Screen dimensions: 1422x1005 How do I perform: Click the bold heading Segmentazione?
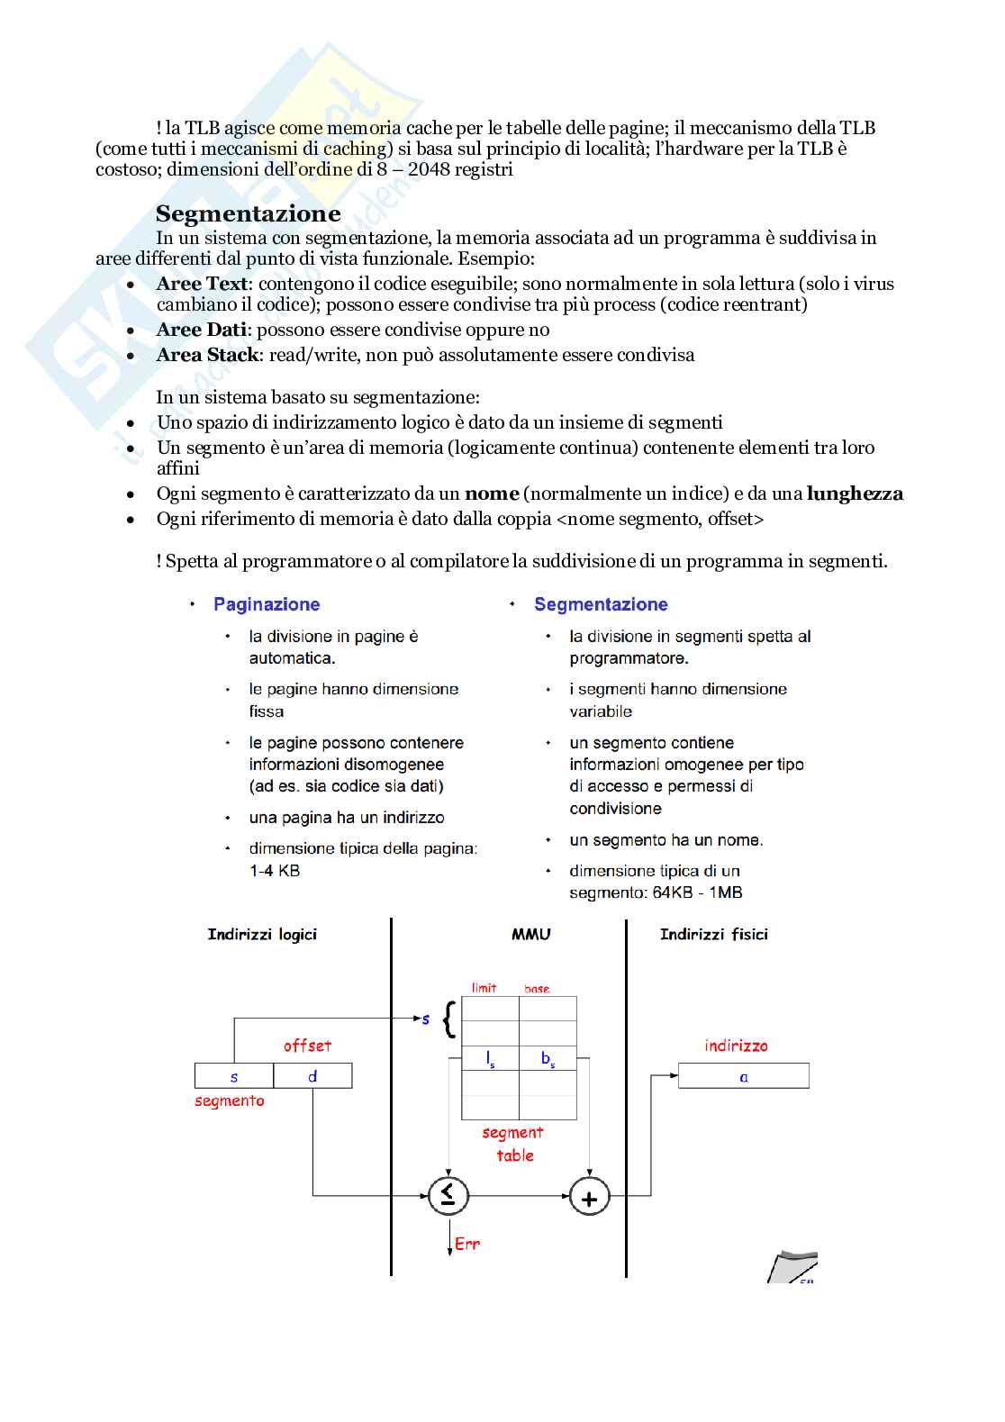point(248,213)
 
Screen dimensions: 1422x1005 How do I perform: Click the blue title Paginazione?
point(267,604)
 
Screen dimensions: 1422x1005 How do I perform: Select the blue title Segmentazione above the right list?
point(601,604)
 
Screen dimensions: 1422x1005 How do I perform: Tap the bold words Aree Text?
point(202,284)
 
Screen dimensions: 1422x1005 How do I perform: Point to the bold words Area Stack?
point(207,355)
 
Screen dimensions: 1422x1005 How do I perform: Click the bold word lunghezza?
point(855,494)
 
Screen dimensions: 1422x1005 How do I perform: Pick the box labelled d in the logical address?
point(312,1076)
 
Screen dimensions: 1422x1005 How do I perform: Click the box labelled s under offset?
point(234,1076)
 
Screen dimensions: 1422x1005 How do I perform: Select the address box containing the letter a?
point(743,1076)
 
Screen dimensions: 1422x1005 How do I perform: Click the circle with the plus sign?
point(590,1198)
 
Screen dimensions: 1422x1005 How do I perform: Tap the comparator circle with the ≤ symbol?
point(448,1196)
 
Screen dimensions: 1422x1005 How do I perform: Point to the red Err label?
point(467,1244)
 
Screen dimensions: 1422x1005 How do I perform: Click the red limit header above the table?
point(484,988)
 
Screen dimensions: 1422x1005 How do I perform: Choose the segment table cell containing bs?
point(548,1059)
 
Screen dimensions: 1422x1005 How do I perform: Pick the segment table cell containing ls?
point(490,1059)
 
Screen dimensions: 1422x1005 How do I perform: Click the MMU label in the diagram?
point(530,935)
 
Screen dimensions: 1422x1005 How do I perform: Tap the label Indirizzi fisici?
point(713,935)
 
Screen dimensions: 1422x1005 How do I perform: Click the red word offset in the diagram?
point(307,1046)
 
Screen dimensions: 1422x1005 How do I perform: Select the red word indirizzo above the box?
point(736,1046)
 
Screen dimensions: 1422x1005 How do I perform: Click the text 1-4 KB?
point(275,871)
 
